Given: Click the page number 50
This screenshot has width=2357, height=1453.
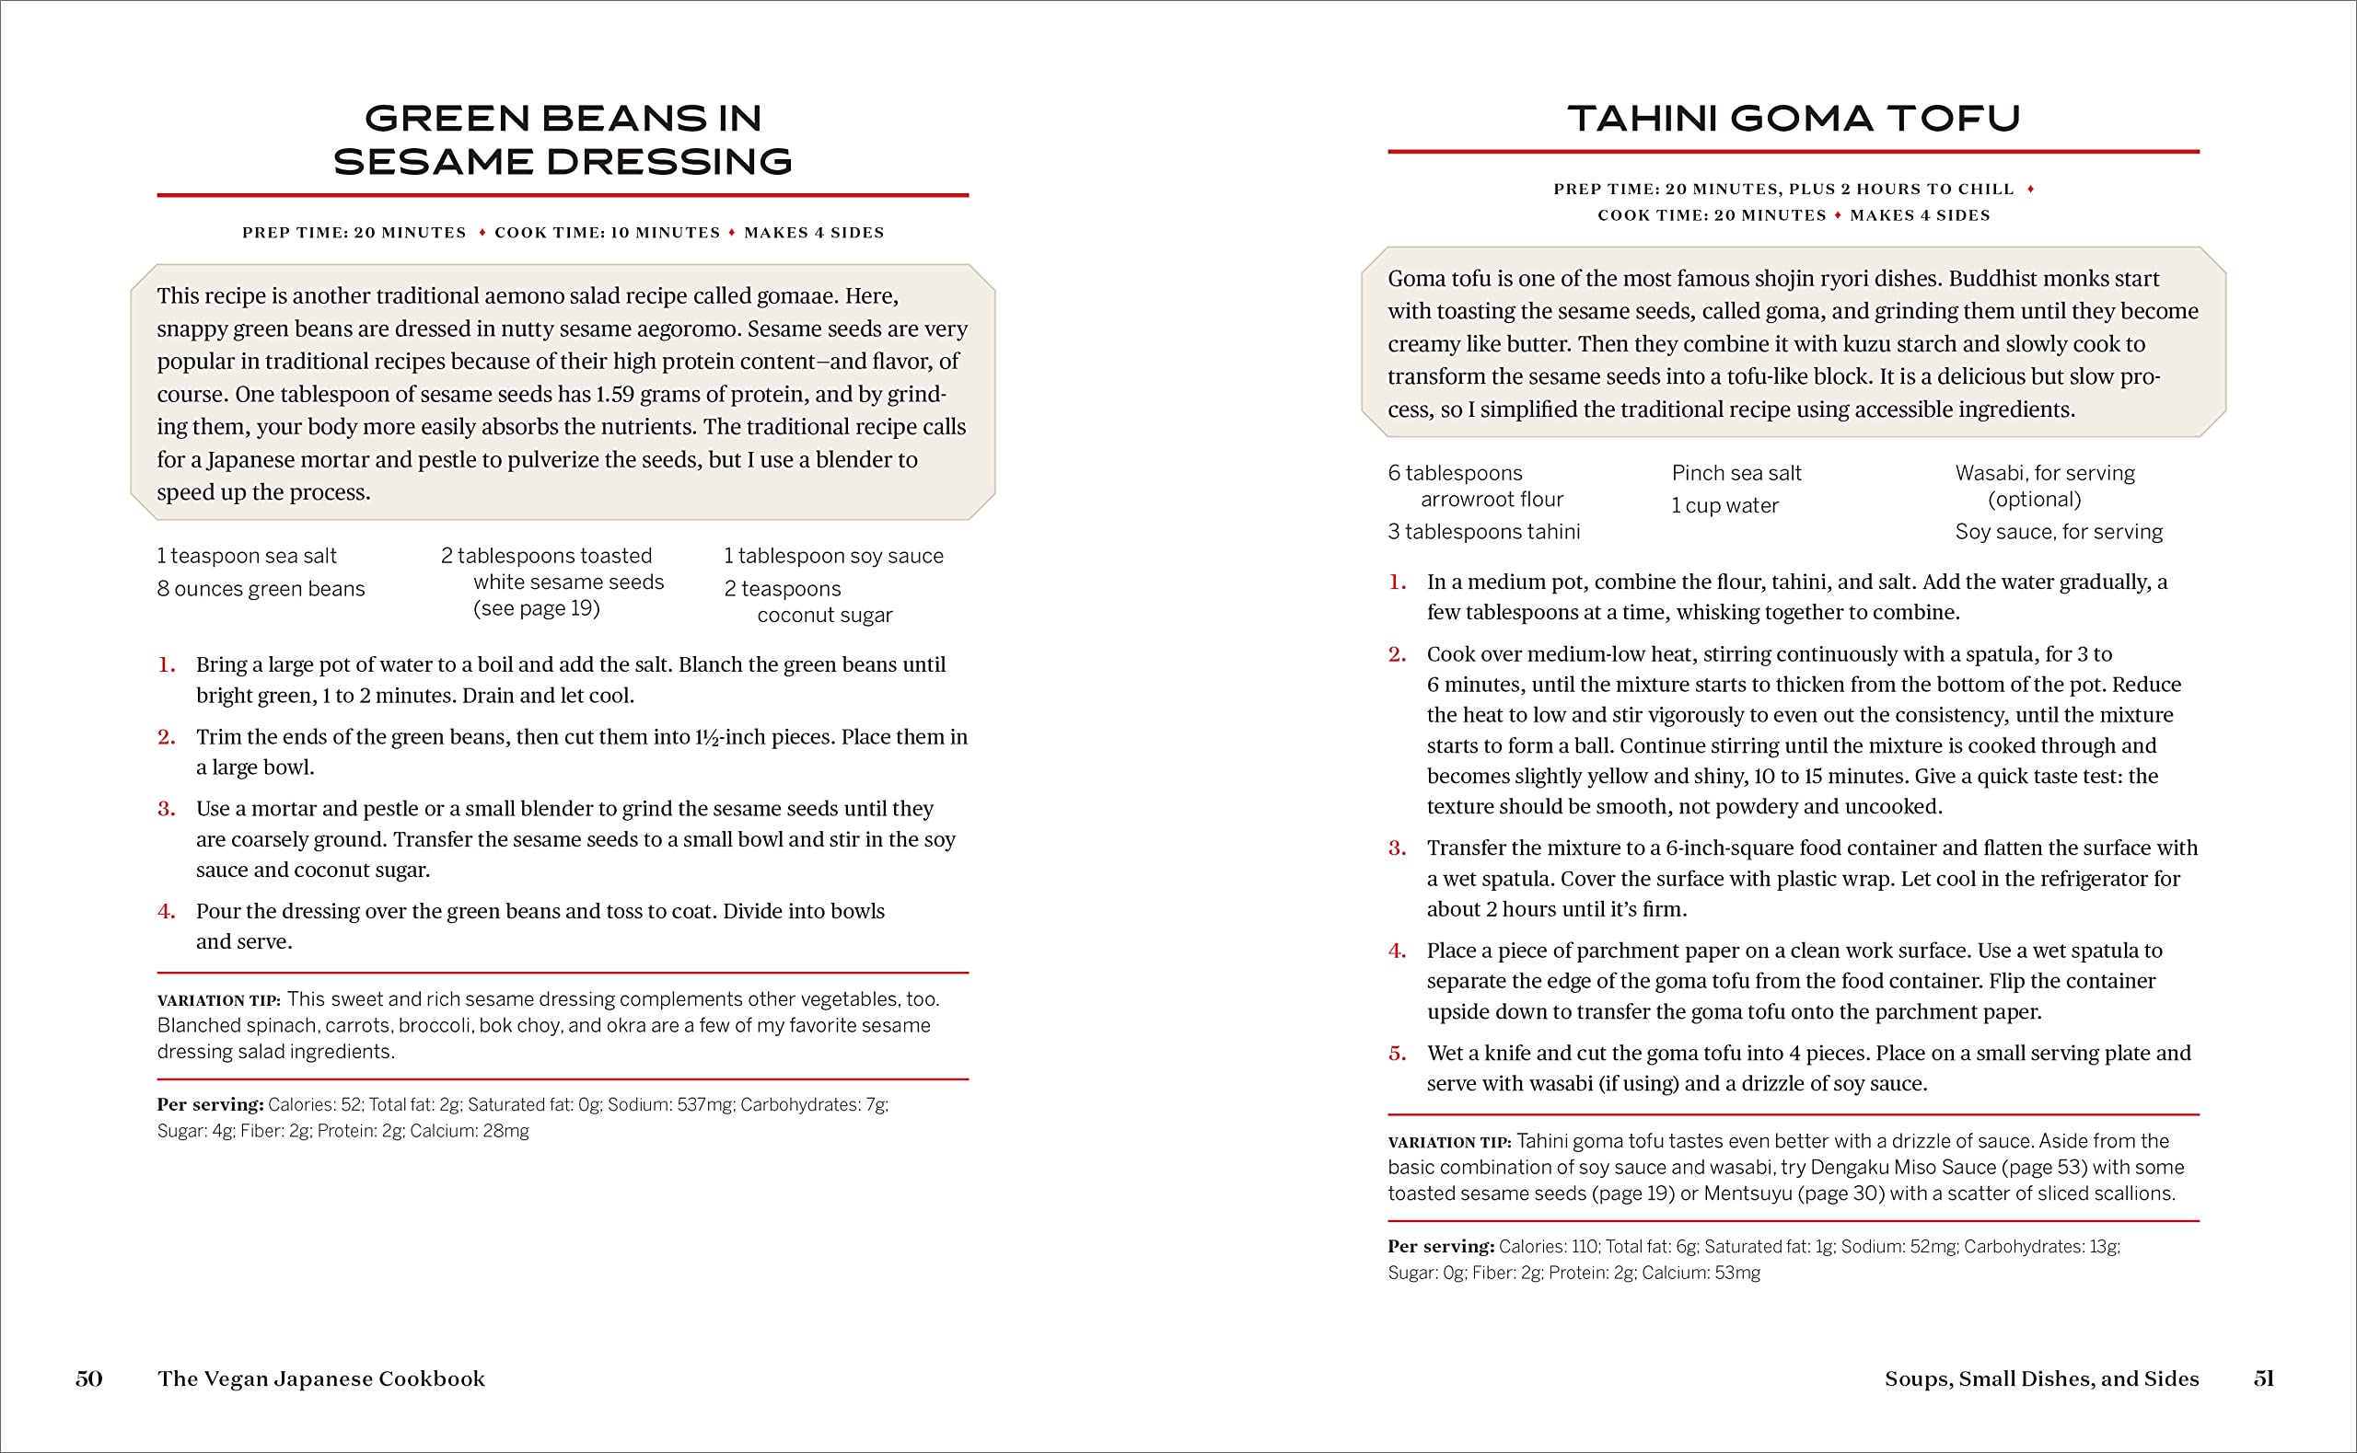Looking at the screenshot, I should [x=88, y=1378].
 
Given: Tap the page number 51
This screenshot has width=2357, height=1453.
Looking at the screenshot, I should [x=2264, y=1378].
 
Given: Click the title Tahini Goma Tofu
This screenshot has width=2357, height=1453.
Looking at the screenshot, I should [x=1794, y=118].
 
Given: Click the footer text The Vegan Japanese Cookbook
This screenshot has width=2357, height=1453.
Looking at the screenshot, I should [x=321, y=1378].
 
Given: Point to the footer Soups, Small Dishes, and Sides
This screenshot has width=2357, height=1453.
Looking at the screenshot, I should [x=2041, y=1378].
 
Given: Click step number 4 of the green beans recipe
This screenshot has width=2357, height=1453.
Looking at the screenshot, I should [x=167, y=911].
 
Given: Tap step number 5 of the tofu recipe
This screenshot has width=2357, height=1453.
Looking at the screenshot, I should [x=1397, y=1054].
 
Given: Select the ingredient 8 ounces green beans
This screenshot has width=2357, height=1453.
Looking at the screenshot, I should [x=261, y=588].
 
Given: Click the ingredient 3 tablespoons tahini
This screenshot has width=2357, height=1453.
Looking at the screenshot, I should [x=1483, y=532].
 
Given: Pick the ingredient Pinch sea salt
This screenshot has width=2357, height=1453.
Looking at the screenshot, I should [x=1736, y=473].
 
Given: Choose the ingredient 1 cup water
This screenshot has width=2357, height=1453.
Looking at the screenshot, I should [x=1724, y=505].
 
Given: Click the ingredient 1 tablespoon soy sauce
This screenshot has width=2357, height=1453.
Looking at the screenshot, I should [x=833, y=556].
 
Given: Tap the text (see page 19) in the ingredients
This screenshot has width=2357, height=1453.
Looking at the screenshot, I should [x=537, y=608].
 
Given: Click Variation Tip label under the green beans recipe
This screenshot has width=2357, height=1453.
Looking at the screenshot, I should [x=218, y=1000].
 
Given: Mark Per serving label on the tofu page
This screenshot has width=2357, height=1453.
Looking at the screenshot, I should [x=1440, y=1246].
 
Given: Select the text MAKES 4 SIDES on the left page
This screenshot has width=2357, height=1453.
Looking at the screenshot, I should [x=813, y=233].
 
